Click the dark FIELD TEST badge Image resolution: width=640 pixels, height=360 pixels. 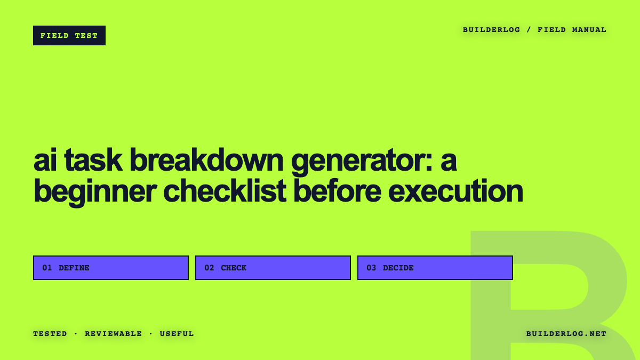[x=69, y=35]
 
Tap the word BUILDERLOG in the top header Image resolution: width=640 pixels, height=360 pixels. [x=491, y=30]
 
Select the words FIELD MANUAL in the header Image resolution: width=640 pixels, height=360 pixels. [x=572, y=30]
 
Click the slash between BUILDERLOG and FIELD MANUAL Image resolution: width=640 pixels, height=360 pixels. [x=529, y=30]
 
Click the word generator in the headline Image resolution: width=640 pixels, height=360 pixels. [x=362, y=162]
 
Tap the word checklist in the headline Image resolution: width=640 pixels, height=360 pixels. [x=225, y=190]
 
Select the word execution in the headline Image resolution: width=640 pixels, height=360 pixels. [x=455, y=190]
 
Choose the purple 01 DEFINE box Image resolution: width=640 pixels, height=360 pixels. [x=111, y=268]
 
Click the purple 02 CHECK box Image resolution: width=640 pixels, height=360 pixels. [x=273, y=268]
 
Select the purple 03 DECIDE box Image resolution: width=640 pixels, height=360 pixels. [x=435, y=268]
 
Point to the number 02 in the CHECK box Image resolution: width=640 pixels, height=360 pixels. [x=209, y=268]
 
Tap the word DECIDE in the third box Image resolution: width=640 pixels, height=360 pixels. [x=398, y=268]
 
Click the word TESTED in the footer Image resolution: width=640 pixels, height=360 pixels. [x=50, y=334]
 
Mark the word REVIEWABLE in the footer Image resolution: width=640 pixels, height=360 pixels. [x=114, y=334]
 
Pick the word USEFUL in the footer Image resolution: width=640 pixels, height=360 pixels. [x=177, y=334]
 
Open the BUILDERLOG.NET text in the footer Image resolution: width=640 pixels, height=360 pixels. [x=566, y=334]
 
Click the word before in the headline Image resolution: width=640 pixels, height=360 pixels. [x=338, y=190]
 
